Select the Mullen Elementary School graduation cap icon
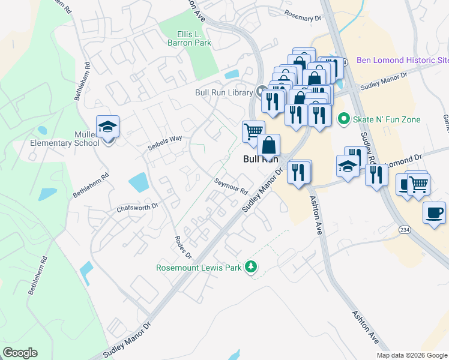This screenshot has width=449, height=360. pyautogui.click(x=108, y=127)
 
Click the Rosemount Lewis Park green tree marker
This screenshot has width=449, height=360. pyautogui.click(x=253, y=267)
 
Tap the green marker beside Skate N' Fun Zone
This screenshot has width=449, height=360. pyautogui.click(x=344, y=119)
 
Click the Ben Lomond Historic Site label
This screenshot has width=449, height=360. pyautogui.click(x=402, y=60)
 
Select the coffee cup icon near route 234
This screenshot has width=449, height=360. pyautogui.click(x=434, y=212)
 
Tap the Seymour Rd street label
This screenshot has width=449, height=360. pyautogui.click(x=231, y=185)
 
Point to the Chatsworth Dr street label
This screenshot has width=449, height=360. pyautogui.click(x=137, y=207)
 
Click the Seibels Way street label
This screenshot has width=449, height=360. pyautogui.click(x=165, y=142)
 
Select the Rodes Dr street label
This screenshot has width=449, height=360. pyautogui.click(x=183, y=247)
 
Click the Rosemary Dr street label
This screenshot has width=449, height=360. pyautogui.click(x=303, y=18)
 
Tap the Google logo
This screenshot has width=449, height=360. pyautogui.click(x=20, y=353)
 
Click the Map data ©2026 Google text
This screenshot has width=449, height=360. pyautogui.click(x=412, y=355)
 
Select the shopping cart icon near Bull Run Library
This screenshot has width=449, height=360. pyautogui.click(x=253, y=131)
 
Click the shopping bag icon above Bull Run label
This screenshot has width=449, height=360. pyautogui.click(x=268, y=145)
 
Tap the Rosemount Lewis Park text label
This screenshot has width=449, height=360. pyautogui.click(x=199, y=268)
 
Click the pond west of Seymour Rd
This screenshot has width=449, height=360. pyautogui.click(x=139, y=182)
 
